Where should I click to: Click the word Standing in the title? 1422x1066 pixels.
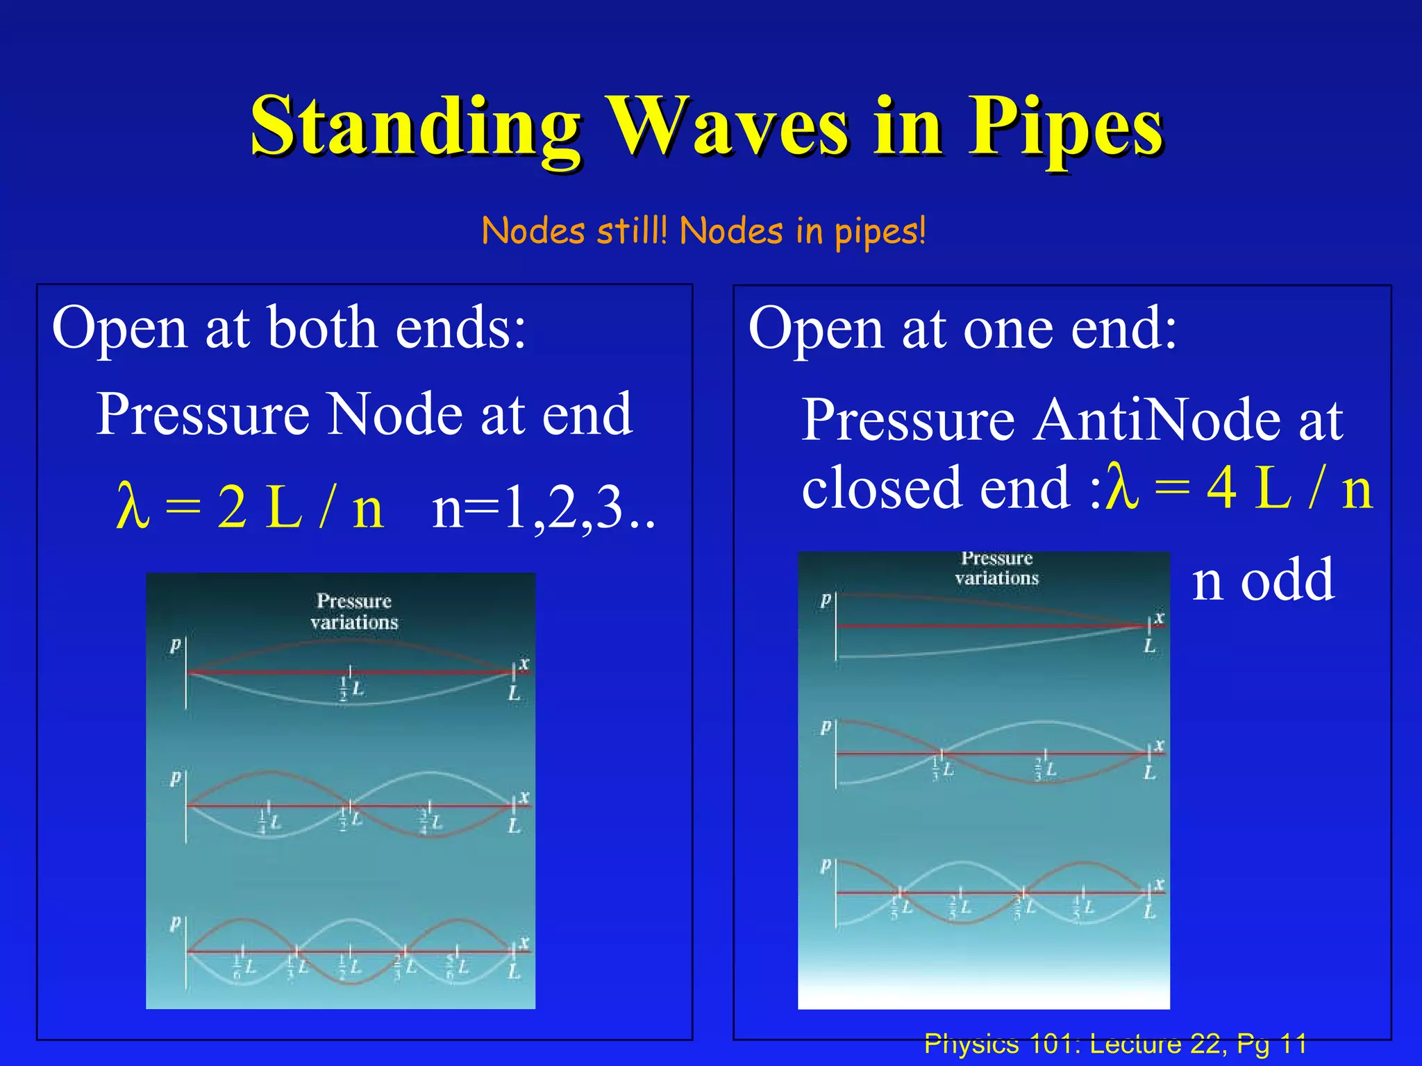[x=415, y=128]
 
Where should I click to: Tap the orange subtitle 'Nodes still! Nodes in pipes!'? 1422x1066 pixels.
[x=703, y=231]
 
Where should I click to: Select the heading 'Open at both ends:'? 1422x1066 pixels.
[x=289, y=328]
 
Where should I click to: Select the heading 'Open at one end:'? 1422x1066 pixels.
[x=962, y=328]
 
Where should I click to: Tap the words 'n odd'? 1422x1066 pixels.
[x=1262, y=580]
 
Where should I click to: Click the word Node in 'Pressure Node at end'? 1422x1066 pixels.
[x=395, y=414]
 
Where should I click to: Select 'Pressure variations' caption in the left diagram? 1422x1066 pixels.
[x=354, y=611]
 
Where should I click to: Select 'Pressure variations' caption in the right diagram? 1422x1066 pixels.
[x=996, y=568]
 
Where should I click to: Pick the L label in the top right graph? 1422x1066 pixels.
[x=1150, y=646]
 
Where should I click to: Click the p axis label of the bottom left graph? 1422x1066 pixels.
[x=175, y=922]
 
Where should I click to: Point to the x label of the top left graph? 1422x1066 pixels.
[x=524, y=663]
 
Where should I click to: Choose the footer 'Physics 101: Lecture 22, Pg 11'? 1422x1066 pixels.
[x=1115, y=1044]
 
